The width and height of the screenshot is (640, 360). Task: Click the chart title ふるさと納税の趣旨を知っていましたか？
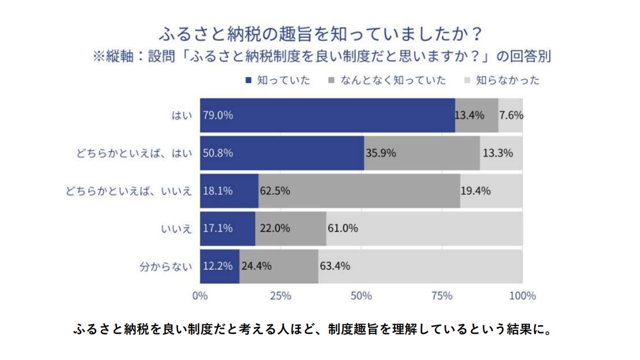pos(320,34)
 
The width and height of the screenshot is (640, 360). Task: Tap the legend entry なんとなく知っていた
pos(393,80)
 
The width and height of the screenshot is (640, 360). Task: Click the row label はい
pos(181,115)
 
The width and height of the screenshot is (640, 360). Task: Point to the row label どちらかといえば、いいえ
pos(129,191)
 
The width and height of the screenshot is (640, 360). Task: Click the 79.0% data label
pos(218,115)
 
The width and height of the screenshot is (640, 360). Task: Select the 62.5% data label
pos(274,191)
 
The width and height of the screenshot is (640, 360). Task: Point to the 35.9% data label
pos(380,153)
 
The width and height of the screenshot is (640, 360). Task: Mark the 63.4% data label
pos(334,266)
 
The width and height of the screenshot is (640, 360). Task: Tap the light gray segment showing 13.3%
pos(501,153)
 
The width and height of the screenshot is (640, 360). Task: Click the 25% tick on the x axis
pos(280,296)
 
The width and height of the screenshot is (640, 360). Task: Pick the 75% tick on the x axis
pos(442,296)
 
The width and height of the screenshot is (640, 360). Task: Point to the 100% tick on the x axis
pos(522,296)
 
